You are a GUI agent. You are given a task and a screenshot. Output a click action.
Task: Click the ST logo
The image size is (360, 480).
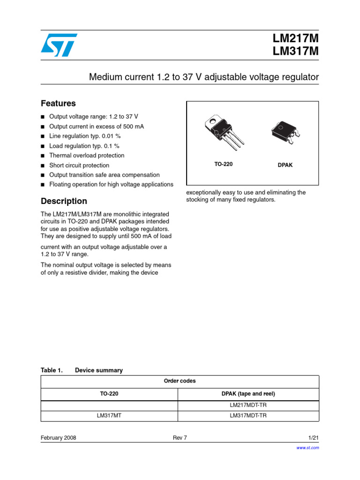[x=59, y=45]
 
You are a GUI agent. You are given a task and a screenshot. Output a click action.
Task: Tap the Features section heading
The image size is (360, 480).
[x=58, y=103]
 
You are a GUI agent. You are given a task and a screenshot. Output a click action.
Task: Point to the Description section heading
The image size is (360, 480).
[x=64, y=201]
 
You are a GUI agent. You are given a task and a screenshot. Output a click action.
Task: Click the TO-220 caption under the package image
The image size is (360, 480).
[x=224, y=164]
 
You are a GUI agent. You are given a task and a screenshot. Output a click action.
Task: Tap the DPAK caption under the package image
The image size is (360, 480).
[x=285, y=165]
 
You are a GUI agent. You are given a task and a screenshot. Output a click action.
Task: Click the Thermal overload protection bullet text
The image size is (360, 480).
[x=87, y=155]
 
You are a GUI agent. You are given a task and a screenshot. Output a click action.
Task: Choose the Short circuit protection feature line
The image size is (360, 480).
[x=79, y=165]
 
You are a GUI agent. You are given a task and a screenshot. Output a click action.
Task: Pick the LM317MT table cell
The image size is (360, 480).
[x=109, y=415]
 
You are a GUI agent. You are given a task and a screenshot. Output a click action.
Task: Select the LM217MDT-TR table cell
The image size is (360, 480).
[x=248, y=405]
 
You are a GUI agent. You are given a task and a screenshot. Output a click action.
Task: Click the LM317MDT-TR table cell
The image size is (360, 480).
[x=248, y=415]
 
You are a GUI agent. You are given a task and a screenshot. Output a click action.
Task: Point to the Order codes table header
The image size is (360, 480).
[x=180, y=381]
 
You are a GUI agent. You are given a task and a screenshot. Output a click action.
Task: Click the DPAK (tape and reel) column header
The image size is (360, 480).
[x=248, y=394]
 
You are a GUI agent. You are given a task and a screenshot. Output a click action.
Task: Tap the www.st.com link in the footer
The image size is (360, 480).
[x=308, y=448]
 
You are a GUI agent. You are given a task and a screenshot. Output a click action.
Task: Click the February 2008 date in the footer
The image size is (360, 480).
[x=59, y=438]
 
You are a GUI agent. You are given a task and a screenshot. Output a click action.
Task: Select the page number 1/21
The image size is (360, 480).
[x=313, y=438]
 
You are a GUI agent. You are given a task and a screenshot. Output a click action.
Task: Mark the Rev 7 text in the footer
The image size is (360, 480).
[x=180, y=438]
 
